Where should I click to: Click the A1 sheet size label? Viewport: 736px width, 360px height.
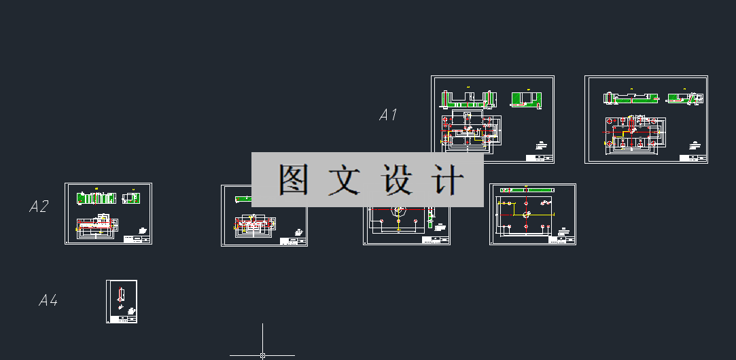pos(388,115)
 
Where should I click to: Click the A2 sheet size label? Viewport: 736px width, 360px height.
pos(39,206)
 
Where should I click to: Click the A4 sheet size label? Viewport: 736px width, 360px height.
pos(48,300)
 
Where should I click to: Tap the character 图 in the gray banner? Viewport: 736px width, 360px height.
pos(294,180)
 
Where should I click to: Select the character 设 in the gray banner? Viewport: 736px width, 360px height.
pos(398,180)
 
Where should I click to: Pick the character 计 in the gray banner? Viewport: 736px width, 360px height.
pos(448,180)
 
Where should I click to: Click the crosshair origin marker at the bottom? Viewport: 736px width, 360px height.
pos(262,355)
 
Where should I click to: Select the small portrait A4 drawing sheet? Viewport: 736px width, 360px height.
pos(122,302)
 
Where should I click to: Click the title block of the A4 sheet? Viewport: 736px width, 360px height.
pos(127,318)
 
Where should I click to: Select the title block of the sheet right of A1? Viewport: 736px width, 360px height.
pos(540,157)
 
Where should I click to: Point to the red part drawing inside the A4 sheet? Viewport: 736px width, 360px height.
pos(120,295)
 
